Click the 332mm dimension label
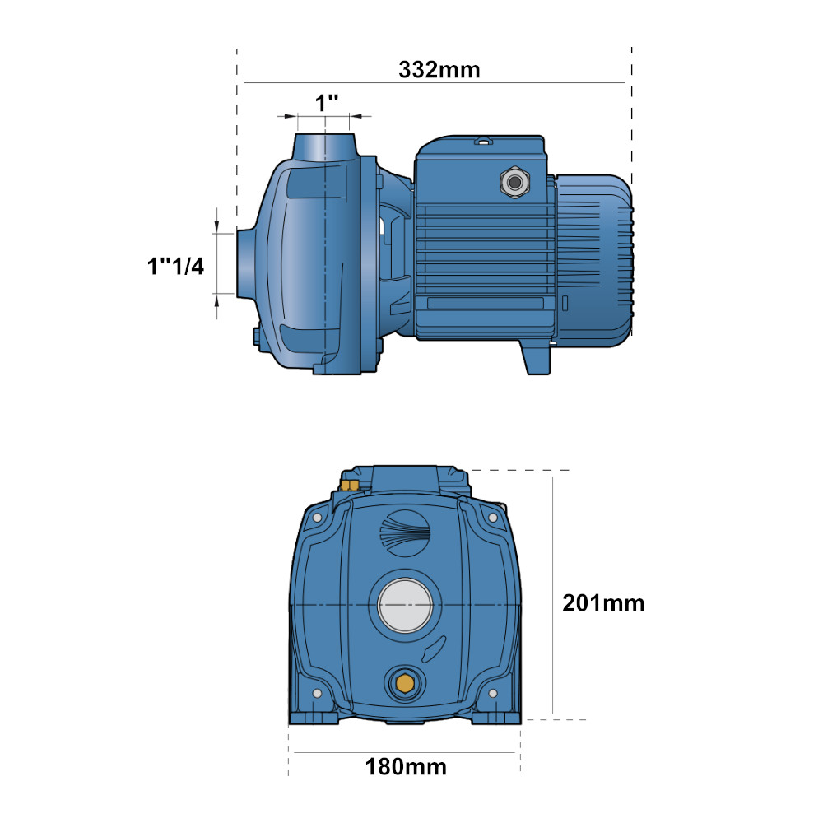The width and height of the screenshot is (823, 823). click(x=439, y=70)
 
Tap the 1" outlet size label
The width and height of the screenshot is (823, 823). click(x=326, y=103)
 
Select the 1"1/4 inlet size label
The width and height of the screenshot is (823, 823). click(x=175, y=266)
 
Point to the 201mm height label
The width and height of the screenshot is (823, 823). click(x=603, y=603)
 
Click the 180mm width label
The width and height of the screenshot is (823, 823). click(x=406, y=767)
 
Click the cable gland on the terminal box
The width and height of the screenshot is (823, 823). click(x=515, y=182)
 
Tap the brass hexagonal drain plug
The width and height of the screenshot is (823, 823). click(x=404, y=683)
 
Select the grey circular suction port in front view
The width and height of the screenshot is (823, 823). click(x=405, y=605)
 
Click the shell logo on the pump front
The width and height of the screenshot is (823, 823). click(x=405, y=532)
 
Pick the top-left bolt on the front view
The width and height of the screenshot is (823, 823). click(x=317, y=518)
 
